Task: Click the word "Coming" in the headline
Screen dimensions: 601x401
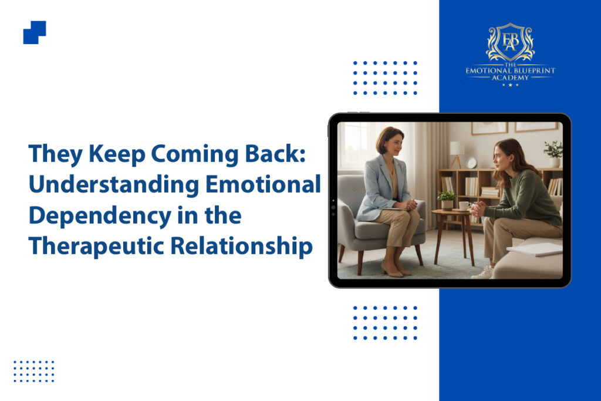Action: click(194, 154)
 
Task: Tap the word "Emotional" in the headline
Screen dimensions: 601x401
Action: click(263, 184)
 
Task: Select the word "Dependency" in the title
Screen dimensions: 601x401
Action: click(100, 216)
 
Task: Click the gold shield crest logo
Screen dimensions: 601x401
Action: click(510, 42)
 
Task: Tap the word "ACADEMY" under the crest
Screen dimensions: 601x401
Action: click(510, 78)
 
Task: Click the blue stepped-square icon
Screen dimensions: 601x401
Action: click(35, 32)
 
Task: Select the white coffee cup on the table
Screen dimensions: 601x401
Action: click(464, 206)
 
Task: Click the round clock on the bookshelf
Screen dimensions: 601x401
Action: click(471, 163)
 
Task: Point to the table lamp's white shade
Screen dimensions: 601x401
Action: click(457, 149)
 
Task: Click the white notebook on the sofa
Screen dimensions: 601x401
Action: click(535, 249)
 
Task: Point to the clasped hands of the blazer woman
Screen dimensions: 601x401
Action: click(409, 205)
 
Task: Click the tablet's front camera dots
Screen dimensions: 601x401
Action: click(333, 207)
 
